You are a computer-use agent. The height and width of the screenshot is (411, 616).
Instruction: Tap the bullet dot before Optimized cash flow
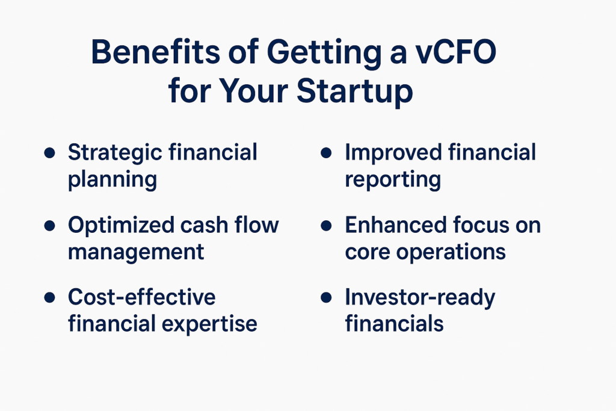tap(51, 226)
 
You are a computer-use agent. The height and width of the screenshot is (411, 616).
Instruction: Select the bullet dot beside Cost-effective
tap(51, 298)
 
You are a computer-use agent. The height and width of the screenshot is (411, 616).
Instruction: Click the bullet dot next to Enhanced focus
tap(327, 226)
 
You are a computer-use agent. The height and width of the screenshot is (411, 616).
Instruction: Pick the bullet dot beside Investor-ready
tap(327, 298)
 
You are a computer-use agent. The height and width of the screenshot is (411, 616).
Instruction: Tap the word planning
tap(112, 180)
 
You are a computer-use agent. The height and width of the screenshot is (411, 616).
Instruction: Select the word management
tap(136, 252)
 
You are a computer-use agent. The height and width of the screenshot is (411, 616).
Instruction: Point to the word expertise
tap(210, 324)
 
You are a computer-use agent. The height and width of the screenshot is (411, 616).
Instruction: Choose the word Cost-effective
tap(141, 297)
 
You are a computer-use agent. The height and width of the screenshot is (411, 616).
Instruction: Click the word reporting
tap(393, 180)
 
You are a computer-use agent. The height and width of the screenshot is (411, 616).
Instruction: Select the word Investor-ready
tap(420, 297)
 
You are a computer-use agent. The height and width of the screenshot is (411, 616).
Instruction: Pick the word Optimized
tap(120, 225)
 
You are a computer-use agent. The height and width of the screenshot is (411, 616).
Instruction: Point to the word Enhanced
tap(396, 225)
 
